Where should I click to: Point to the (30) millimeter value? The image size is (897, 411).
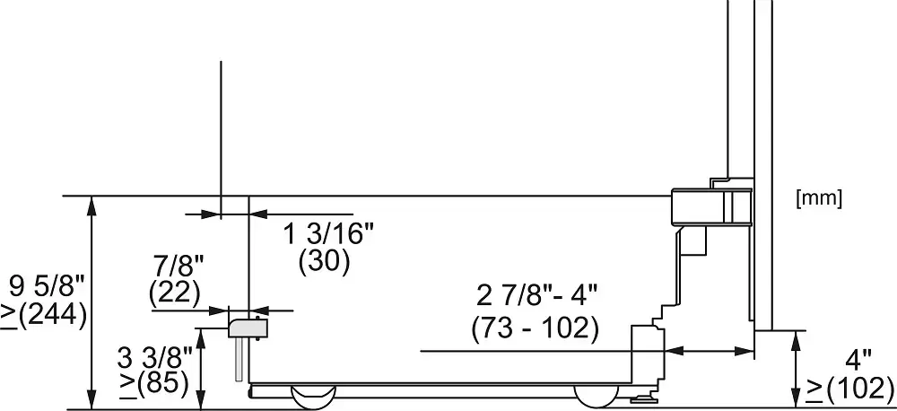[x=324, y=261]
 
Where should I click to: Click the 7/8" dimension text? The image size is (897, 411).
[x=179, y=267]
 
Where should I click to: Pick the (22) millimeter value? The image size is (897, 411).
[x=175, y=293]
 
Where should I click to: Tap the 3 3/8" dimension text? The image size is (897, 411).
[x=155, y=360]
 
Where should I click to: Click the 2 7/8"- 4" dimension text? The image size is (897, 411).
[x=536, y=297]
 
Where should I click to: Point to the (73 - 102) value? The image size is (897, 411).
[x=535, y=329]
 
